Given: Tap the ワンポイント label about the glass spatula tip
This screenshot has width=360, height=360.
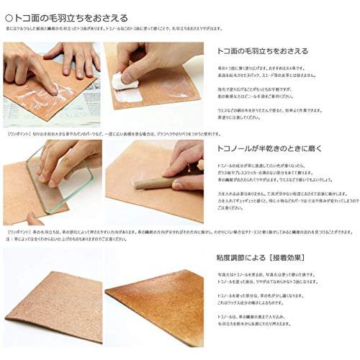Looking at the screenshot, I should (16, 134).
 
